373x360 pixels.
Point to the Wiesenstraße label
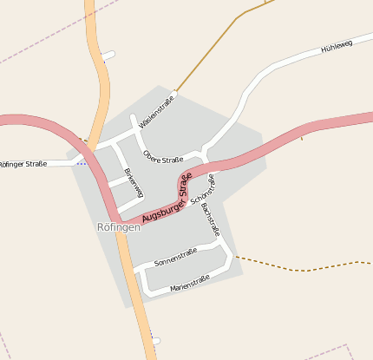click(156, 111)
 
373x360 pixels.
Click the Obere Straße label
click(163, 159)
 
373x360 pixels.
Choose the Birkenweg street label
click(134, 182)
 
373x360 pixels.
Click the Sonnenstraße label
click(175, 256)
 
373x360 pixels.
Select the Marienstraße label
click(190, 282)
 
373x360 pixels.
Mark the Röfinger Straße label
click(23, 163)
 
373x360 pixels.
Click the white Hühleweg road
click(286, 64)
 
